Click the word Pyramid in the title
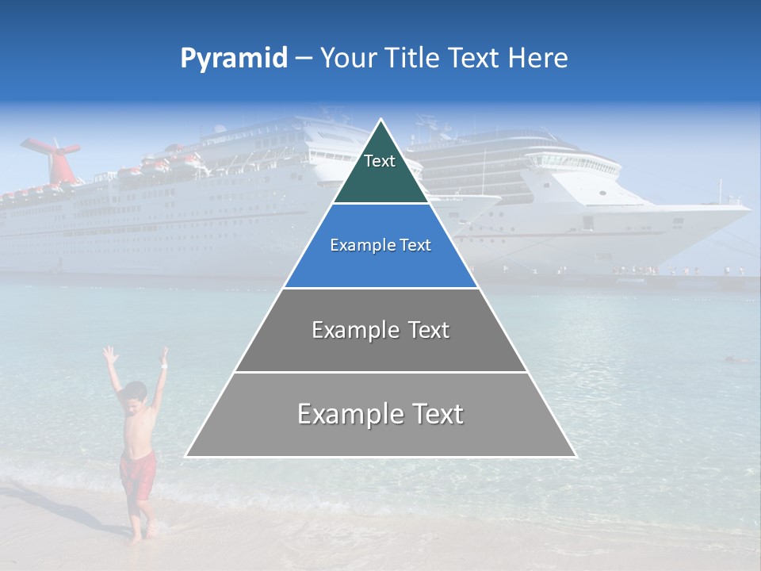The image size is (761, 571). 234,59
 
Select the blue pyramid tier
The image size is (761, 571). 380,246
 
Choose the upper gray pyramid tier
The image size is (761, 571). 380,330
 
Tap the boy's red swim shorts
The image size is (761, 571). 137,473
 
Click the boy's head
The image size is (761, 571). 136,393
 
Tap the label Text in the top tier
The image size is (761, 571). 380,162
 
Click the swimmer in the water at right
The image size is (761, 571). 736,360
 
